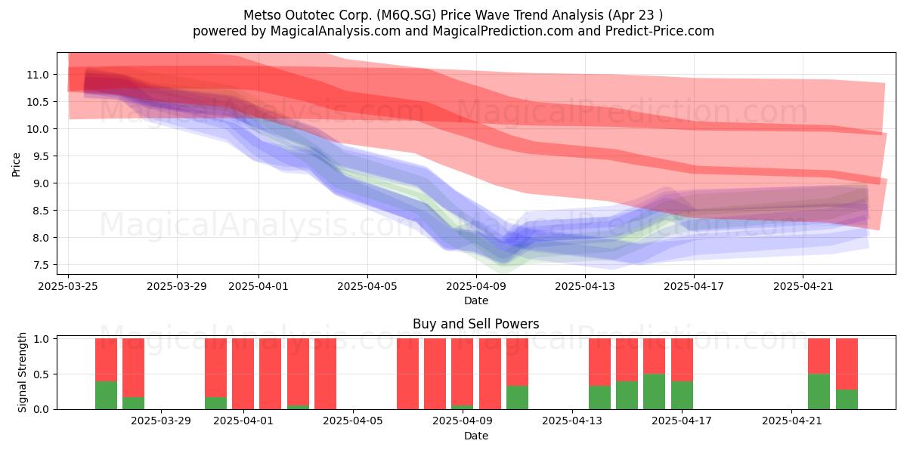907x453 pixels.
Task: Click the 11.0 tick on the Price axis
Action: pos(38,75)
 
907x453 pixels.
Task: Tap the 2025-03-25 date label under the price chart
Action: pos(68,286)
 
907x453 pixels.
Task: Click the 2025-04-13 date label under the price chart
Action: pos(585,286)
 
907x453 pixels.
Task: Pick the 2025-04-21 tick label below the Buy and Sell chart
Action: pos(792,421)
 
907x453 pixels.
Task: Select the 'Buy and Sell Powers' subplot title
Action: pos(475,324)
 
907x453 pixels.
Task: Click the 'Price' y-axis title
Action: pos(16,165)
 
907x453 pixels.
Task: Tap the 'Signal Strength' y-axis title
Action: pos(22,372)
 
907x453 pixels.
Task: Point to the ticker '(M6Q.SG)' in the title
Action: pos(406,15)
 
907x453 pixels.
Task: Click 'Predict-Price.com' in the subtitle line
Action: pos(660,31)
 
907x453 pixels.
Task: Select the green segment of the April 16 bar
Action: pos(655,392)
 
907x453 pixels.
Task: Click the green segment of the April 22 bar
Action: pos(819,392)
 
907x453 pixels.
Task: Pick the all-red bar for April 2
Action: pos(271,374)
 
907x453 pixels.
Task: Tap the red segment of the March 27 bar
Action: pos(106,360)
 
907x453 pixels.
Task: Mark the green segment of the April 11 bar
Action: pos(518,398)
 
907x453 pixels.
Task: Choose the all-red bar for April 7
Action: pos(407,374)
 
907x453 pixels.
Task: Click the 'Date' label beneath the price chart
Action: pos(475,301)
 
